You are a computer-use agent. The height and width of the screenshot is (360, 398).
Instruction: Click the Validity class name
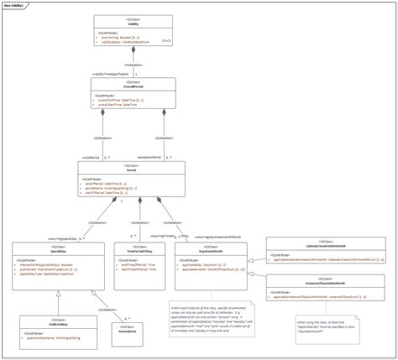pyautogui.click(x=132, y=24)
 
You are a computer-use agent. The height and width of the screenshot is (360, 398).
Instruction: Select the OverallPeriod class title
pyautogui.click(x=132, y=86)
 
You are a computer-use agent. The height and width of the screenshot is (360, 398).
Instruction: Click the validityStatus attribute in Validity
pyautogui.click(x=125, y=41)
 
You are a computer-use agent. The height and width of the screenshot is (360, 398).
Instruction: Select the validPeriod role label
pyautogui.click(x=93, y=156)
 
